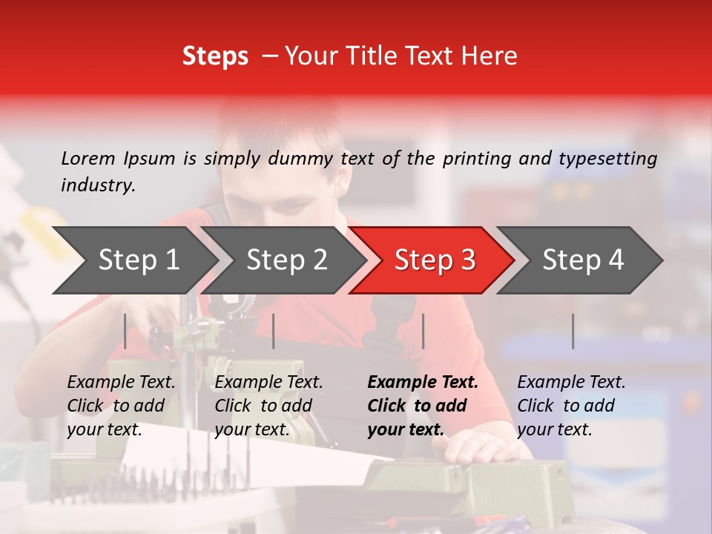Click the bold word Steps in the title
pyautogui.click(x=215, y=56)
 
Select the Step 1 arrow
pyautogui.click(x=138, y=260)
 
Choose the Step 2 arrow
pyautogui.click(x=286, y=260)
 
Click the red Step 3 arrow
pyautogui.click(x=435, y=260)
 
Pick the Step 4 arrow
pyautogui.click(x=583, y=260)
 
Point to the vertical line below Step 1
pyautogui.click(x=125, y=331)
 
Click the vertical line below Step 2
pyautogui.click(x=274, y=331)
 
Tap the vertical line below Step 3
pyautogui.click(x=423, y=331)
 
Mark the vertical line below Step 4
pyautogui.click(x=573, y=331)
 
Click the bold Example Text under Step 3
pyautogui.click(x=423, y=383)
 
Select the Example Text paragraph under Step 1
pyautogui.click(x=121, y=406)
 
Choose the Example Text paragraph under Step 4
pyautogui.click(x=571, y=406)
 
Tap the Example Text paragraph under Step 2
pyautogui.click(x=268, y=406)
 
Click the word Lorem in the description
pyautogui.click(x=88, y=158)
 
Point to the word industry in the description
pyautogui.click(x=97, y=185)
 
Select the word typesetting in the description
pyautogui.click(x=607, y=159)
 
